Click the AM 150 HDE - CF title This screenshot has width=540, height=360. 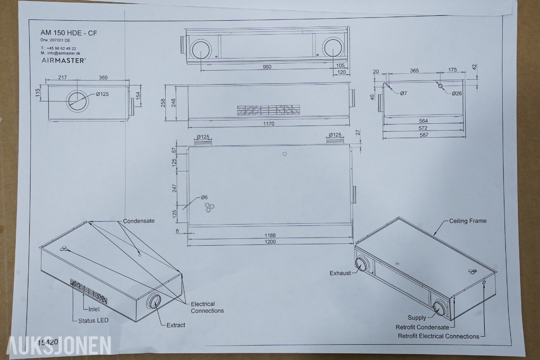pyautogui.click(x=69, y=33)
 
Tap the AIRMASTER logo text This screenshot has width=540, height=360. pyautogui.click(x=63, y=60)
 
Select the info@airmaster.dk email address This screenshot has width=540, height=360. pyautogui.click(x=64, y=53)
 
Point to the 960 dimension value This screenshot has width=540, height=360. pyautogui.click(x=267, y=67)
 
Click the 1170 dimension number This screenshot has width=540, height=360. pyautogui.click(x=269, y=124)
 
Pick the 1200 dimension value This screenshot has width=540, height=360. pyautogui.click(x=270, y=242)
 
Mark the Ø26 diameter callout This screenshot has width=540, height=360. pyautogui.click(x=457, y=94)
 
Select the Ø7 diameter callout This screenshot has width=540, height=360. pyautogui.click(x=404, y=93)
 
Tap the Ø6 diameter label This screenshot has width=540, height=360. pyautogui.click(x=204, y=197)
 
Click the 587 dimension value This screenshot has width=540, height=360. pyautogui.click(x=424, y=135)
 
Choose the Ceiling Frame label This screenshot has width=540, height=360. pyautogui.click(x=468, y=221)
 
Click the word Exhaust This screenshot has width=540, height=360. pyautogui.click(x=340, y=273)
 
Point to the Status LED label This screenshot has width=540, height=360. pyautogui.click(x=93, y=320)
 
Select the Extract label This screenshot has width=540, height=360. pyautogui.click(x=176, y=325)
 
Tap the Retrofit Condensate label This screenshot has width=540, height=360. pyautogui.click(x=423, y=327)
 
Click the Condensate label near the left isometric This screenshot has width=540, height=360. pyautogui.click(x=139, y=221)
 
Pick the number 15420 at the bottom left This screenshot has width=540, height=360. pyautogui.click(x=48, y=342)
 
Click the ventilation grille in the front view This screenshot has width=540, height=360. pyautogui.click(x=269, y=110)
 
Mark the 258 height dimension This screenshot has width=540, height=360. pyautogui.click(x=163, y=103)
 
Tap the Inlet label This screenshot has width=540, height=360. pyautogui.click(x=94, y=309)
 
